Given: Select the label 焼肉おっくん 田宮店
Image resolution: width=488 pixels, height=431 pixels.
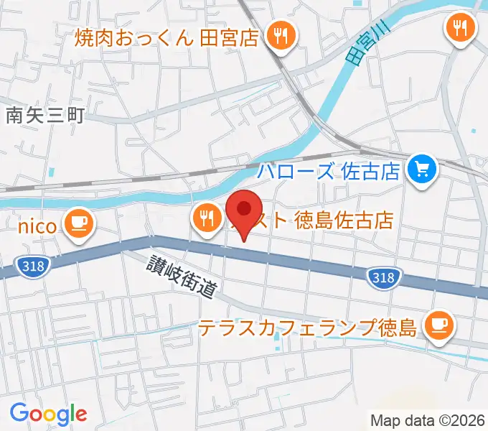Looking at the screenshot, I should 166,36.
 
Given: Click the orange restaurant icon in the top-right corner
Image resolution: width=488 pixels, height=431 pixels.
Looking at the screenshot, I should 459,28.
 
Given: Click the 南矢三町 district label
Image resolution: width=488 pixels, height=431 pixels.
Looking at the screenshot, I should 44,114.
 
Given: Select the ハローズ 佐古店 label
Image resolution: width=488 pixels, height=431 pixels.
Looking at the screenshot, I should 329,172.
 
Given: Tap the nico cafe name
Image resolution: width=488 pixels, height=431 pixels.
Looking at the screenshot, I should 37,227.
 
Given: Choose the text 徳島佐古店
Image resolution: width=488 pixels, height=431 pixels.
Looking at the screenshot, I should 344,220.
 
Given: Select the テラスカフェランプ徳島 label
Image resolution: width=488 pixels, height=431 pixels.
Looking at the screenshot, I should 307,329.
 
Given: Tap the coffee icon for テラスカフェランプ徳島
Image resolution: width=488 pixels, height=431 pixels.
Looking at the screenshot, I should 438,324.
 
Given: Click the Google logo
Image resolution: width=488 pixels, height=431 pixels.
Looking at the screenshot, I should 48,414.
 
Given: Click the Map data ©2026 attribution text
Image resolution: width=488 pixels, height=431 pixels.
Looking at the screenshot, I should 428,420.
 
